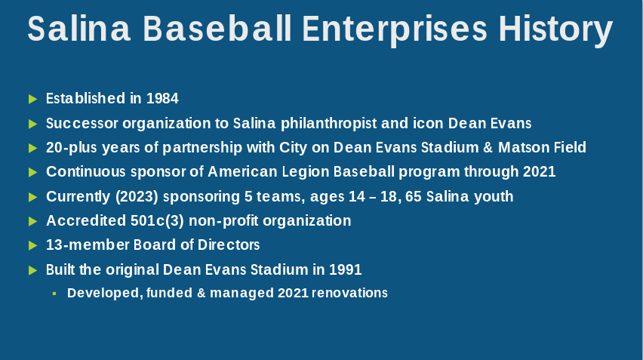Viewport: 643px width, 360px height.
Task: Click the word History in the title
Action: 555,30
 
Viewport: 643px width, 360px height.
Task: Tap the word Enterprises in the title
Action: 395,30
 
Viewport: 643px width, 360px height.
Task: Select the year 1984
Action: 162,98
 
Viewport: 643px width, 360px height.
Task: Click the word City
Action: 293,148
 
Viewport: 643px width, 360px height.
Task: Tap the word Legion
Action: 306,172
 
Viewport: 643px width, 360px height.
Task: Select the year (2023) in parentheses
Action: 137,197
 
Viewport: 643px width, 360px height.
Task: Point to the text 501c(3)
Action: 158,221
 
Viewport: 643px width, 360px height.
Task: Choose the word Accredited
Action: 86,221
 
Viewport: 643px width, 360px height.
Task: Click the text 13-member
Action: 88,245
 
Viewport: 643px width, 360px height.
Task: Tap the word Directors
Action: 229,245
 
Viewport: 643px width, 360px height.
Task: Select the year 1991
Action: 346,269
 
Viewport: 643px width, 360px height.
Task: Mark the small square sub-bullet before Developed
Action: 54,294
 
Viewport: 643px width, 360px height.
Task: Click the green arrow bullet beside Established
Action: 32,99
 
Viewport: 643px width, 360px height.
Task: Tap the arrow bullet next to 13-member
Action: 32,245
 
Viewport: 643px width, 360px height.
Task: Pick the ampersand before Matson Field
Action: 488,148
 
